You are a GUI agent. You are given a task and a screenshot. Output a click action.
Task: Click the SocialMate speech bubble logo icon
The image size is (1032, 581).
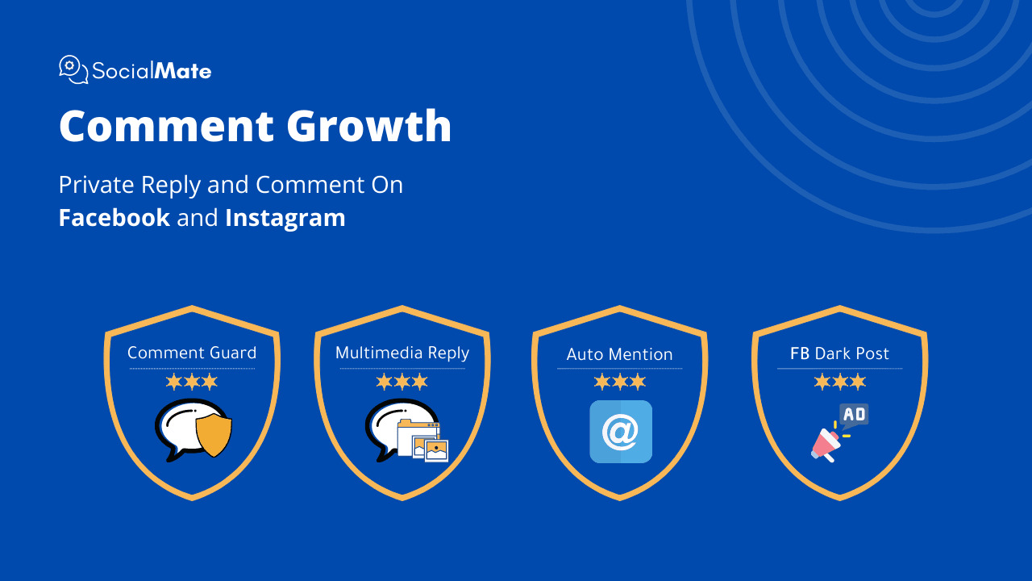point(73,69)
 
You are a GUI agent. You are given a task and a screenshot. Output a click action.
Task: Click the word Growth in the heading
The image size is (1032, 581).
point(369,126)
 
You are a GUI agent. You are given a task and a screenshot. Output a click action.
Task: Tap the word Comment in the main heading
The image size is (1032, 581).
point(167,127)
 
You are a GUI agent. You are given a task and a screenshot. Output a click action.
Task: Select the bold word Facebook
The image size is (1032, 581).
point(114,217)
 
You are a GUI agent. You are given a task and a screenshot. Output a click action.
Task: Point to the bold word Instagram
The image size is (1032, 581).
point(285,219)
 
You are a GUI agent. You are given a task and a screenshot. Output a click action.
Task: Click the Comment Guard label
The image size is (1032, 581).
point(192,353)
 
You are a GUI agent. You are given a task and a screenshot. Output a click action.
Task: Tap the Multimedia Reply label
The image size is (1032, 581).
point(402,353)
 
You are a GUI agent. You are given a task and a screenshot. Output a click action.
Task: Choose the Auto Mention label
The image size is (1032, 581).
point(620,354)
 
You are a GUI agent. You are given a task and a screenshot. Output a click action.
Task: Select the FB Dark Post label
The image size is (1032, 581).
point(839,353)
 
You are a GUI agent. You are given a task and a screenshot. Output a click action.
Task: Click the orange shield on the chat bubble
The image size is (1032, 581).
point(214,436)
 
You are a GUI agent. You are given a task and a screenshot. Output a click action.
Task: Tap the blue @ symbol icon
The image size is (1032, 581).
point(621,432)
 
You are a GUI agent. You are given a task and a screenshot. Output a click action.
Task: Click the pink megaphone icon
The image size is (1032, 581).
point(826,445)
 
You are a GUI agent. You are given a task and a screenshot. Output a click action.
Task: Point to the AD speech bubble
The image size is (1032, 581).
point(854,416)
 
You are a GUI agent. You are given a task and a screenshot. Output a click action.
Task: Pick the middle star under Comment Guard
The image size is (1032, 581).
point(192,382)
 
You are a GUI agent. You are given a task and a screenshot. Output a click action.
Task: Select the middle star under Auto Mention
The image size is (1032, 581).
point(620,382)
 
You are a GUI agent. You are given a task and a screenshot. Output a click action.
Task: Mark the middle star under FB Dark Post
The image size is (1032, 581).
point(840,382)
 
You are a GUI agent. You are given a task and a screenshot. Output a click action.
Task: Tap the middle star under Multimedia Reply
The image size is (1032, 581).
point(402,382)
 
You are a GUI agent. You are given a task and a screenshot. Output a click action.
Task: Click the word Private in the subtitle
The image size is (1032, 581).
point(96,185)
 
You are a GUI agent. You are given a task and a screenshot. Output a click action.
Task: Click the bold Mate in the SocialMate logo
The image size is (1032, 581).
point(183,71)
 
